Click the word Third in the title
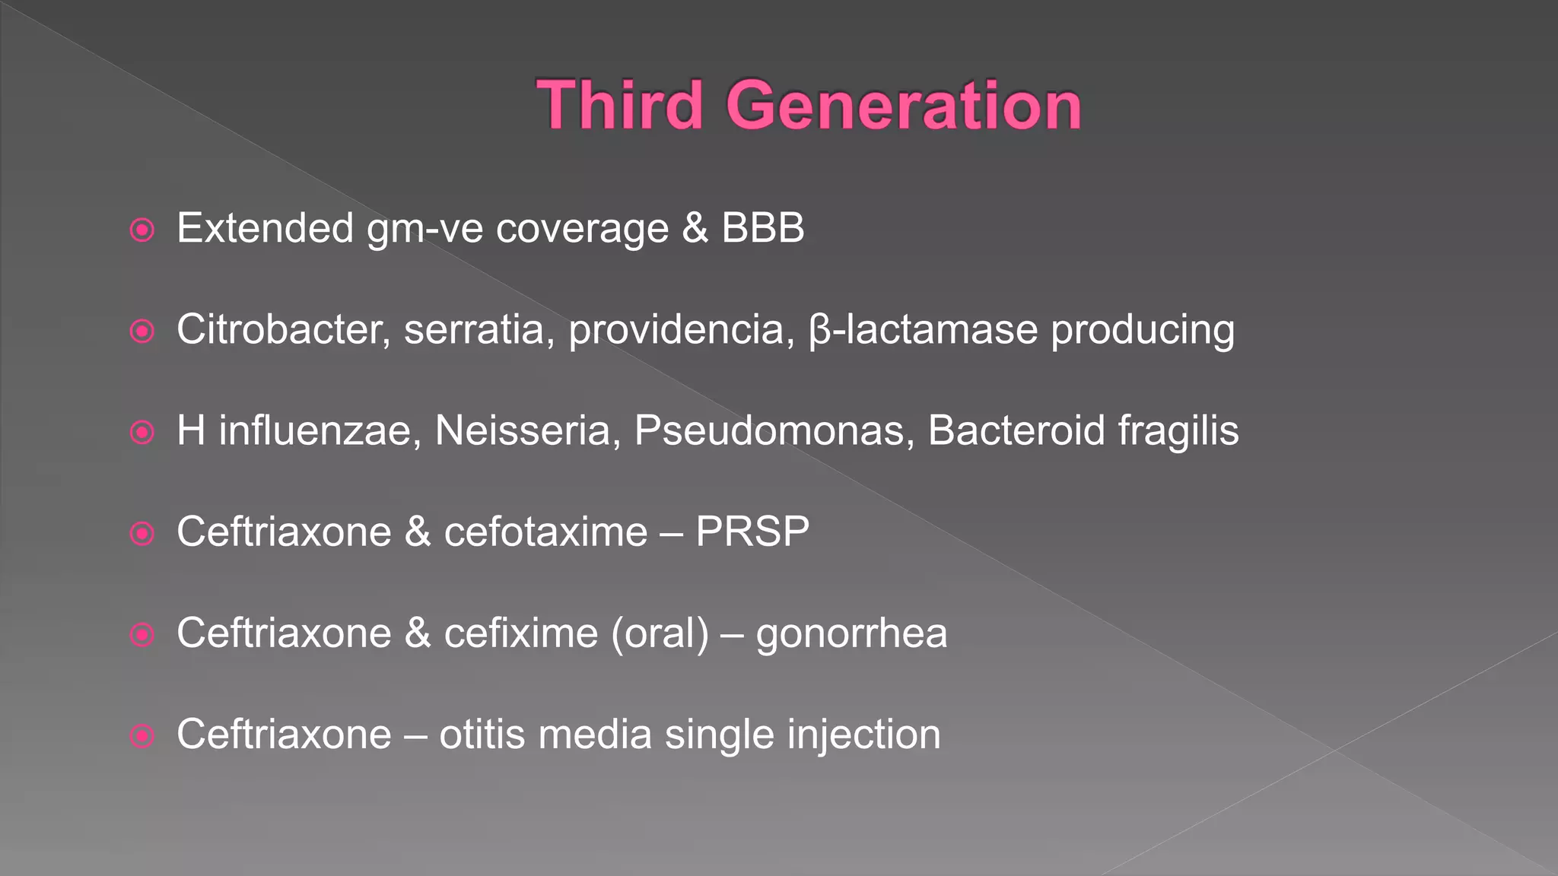point(619,106)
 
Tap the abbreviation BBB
point(762,228)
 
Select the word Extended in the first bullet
point(265,228)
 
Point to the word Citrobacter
point(284,330)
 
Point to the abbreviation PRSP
point(752,532)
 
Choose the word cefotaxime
point(545,532)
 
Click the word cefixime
point(521,633)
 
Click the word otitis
point(482,735)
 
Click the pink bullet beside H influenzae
point(142,433)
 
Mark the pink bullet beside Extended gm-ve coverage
point(142,230)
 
